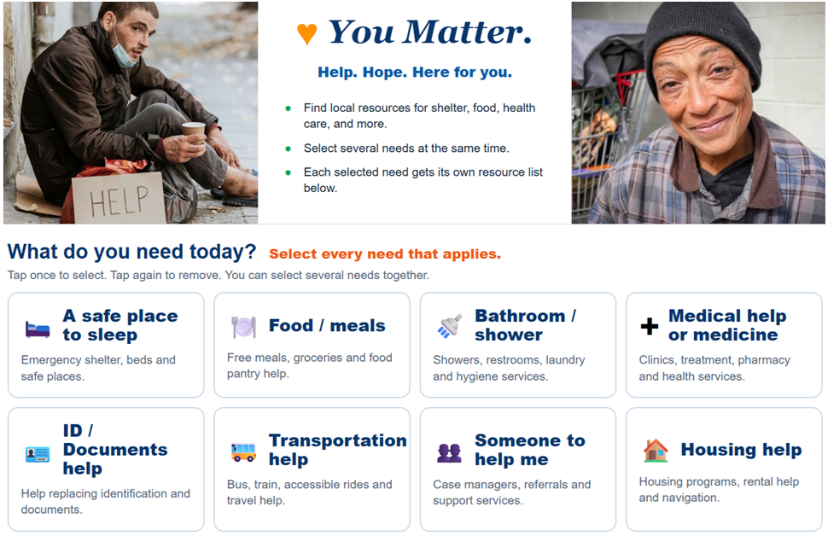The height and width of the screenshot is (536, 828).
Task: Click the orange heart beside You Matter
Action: coord(306,34)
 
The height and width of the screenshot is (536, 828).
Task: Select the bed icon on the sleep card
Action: coord(38,329)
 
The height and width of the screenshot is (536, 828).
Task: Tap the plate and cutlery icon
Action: coord(243,327)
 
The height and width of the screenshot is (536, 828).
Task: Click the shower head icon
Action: coord(450,326)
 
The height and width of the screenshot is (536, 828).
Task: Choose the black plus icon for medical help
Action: coord(649,326)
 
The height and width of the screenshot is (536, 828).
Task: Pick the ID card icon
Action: coord(38,454)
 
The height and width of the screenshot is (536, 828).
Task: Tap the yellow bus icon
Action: coord(243,452)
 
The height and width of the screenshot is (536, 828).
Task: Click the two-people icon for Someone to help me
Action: coord(449,452)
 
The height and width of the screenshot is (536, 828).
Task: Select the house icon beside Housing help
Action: coord(656,451)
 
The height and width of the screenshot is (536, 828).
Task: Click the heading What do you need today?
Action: coord(131,252)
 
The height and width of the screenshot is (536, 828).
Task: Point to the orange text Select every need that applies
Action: coord(385,254)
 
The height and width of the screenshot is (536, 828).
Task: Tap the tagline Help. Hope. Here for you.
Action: coord(415,73)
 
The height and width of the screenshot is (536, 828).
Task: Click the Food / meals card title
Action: coord(327,325)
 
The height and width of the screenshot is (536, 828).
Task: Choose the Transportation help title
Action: coord(338,450)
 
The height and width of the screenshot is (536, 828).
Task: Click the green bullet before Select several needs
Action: coord(288,149)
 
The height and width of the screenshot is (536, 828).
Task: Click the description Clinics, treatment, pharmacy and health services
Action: coord(714,368)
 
